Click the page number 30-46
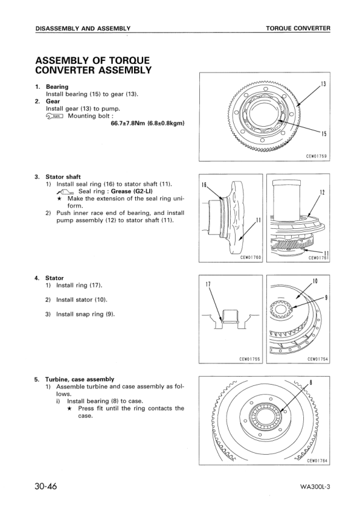(x=47, y=486)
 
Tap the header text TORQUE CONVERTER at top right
(x=298, y=28)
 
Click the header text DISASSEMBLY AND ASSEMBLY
(x=83, y=28)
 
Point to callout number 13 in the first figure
(x=323, y=83)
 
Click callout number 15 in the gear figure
(x=324, y=134)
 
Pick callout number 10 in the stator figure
(x=315, y=280)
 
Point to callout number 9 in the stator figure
(x=326, y=296)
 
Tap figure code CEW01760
(x=249, y=257)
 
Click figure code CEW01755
(x=249, y=359)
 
